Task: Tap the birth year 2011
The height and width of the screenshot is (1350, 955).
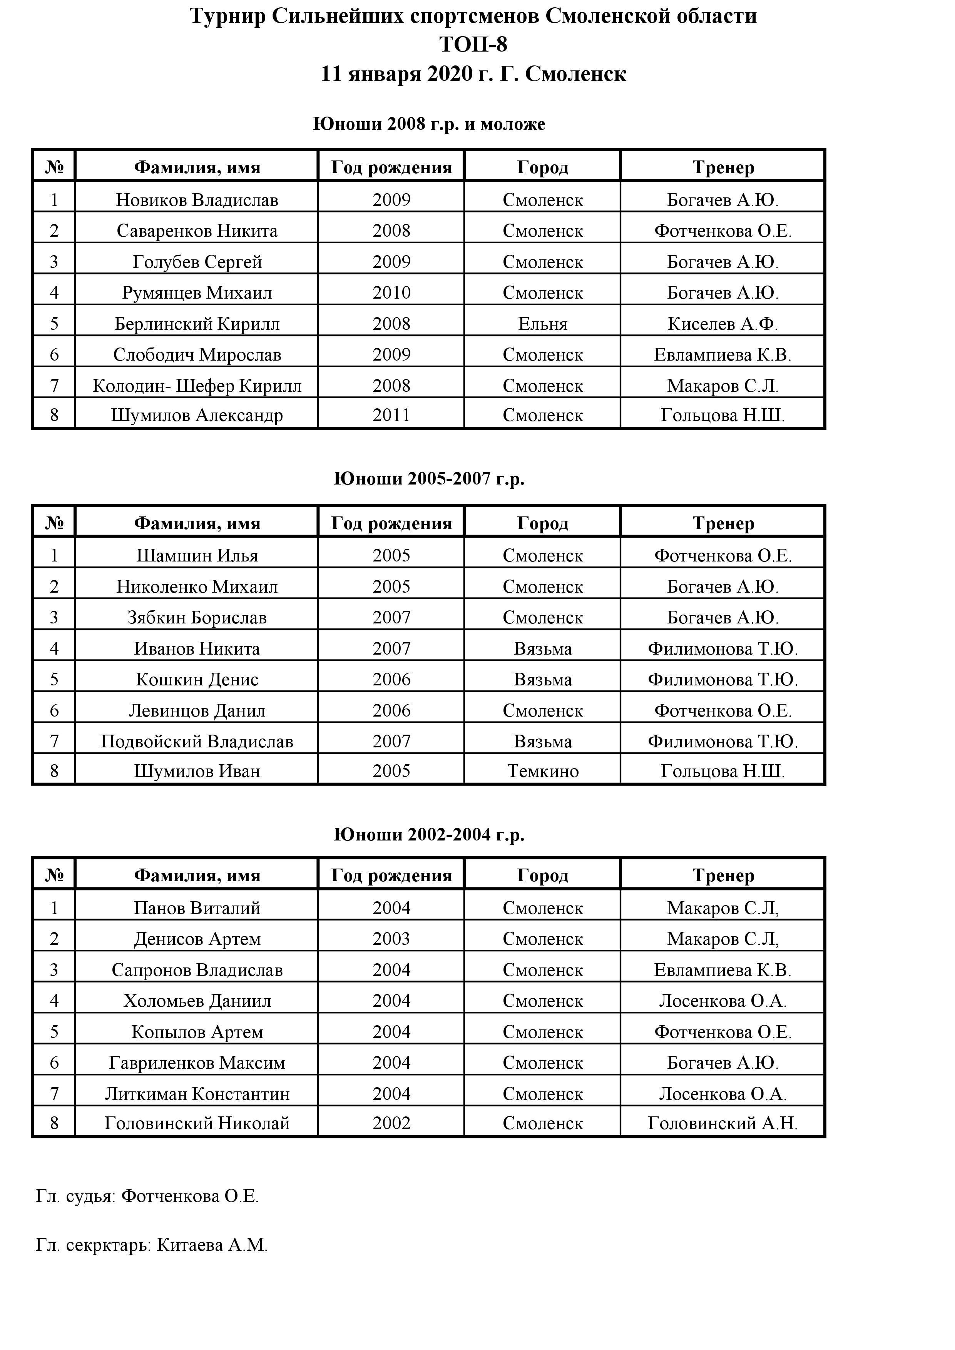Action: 391,415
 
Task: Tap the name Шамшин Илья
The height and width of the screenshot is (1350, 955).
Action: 197,556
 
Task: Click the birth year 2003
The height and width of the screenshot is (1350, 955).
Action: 391,939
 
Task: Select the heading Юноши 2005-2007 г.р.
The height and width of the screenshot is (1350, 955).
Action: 429,479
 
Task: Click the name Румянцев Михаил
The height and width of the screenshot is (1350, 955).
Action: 197,293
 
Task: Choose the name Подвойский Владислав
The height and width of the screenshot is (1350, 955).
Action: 197,742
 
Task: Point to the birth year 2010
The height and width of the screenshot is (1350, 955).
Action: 391,293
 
